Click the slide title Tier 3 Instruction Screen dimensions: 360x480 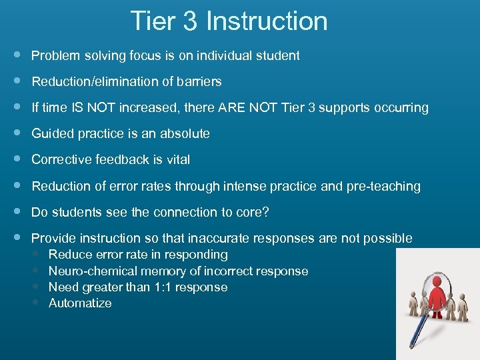click(x=229, y=21)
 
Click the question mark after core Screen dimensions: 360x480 click(x=265, y=213)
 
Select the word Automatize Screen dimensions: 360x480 click(x=80, y=303)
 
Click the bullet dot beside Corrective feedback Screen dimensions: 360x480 click(x=16, y=159)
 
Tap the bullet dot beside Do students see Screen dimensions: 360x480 click(x=16, y=212)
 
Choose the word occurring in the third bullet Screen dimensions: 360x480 click(x=403, y=108)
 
